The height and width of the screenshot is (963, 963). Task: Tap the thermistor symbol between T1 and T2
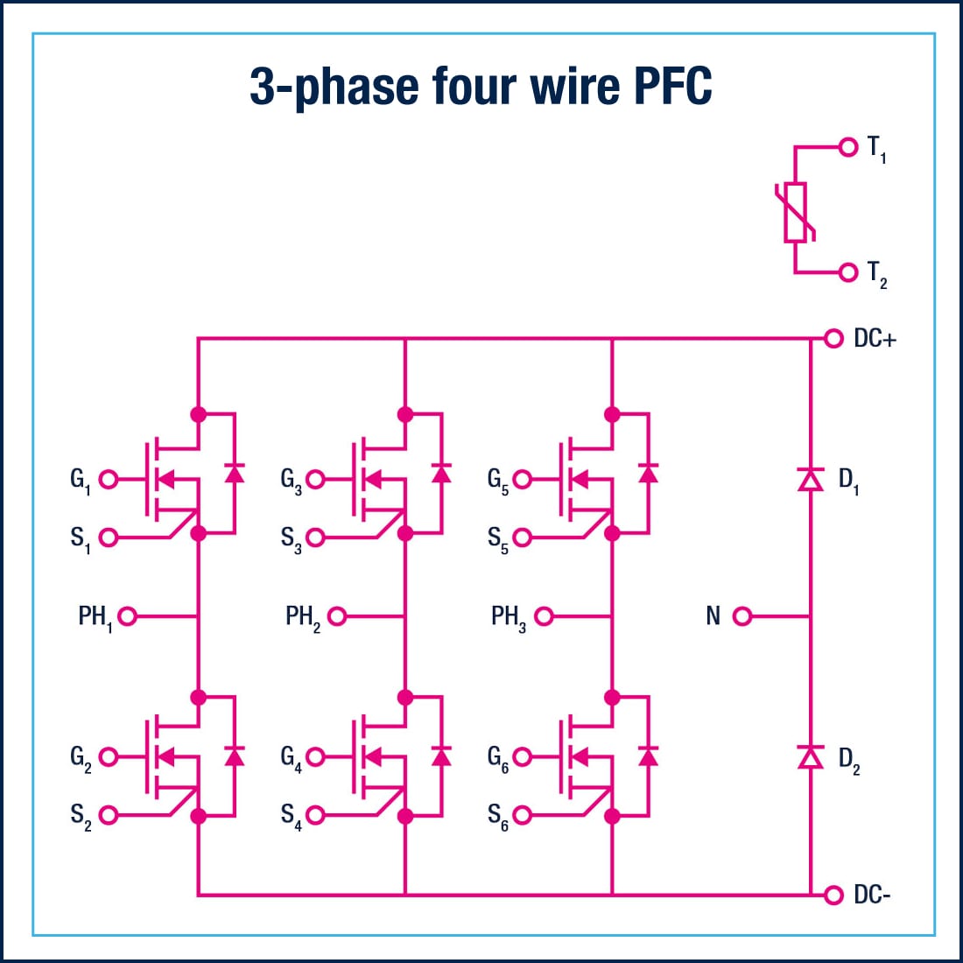[796, 211]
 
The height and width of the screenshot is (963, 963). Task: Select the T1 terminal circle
[847, 147]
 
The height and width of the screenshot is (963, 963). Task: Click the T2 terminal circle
[847, 272]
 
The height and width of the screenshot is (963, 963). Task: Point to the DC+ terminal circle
[833, 338]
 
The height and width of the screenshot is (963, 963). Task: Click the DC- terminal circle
[833, 895]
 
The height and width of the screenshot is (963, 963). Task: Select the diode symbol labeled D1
[811, 479]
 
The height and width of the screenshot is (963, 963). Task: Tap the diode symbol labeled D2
[811, 756]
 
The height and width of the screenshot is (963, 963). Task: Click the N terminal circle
[742, 616]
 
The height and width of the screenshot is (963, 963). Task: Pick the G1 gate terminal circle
[109, 479]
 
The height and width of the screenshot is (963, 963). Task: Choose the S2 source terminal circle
[109, 815]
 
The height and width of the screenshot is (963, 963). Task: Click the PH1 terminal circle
[127, 616]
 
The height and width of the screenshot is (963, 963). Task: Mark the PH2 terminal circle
[336, 616]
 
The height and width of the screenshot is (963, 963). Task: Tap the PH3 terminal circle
[544, 616]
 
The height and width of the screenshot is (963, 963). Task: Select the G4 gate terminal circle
[315, 756]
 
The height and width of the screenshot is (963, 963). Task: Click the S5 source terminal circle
[523, 537]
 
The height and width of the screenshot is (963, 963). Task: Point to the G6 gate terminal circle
[523, 756]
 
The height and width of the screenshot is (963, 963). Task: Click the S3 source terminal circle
[315, 537]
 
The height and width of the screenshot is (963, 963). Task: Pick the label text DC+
[875, 339]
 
